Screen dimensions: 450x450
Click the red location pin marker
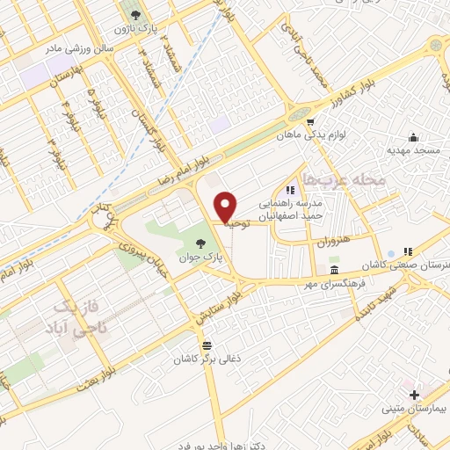(226, 206)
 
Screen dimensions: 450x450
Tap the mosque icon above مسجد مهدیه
(413, 137)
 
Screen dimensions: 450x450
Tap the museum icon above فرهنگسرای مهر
(334, 269)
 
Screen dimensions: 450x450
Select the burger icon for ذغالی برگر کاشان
(207, 345)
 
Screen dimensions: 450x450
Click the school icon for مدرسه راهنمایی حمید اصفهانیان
(290, 190)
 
